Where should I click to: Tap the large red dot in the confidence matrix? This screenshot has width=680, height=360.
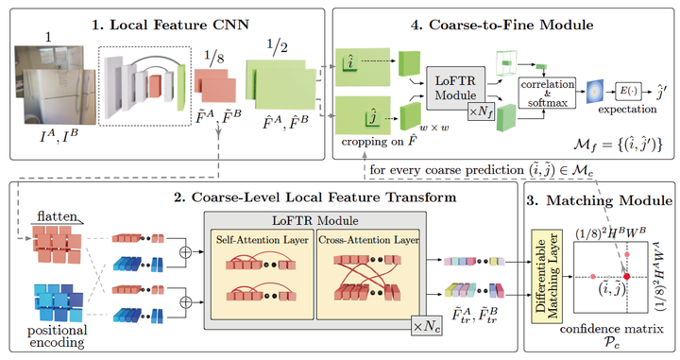click(x=626, y=275)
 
